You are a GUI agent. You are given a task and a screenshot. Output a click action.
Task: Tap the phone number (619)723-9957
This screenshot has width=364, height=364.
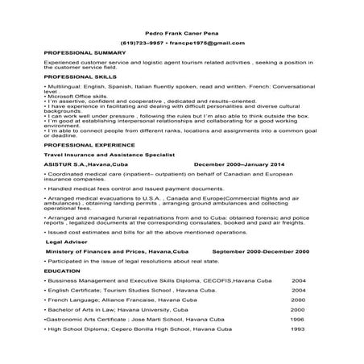[x=141, y=41]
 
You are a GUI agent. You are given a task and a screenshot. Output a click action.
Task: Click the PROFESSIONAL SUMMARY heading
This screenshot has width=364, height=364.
[x=81, y=52]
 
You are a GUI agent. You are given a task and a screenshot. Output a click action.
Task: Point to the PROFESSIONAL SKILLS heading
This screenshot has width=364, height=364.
[x=77, y=75]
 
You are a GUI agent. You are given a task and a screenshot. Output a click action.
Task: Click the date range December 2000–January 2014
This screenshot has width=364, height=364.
[x=238, y=163]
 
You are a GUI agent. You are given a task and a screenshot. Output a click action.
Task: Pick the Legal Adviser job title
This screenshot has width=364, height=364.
[x=66, y=241]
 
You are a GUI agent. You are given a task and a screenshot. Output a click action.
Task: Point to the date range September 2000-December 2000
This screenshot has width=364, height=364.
[x=260, y=251]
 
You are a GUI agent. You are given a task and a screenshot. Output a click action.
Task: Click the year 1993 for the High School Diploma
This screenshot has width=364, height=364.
[x=297, y=329]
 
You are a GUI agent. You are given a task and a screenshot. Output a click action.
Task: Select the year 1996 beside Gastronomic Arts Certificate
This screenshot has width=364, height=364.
[x=297, y=319]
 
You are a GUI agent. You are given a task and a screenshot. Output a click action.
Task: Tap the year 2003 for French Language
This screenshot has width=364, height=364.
[x=297, y=299]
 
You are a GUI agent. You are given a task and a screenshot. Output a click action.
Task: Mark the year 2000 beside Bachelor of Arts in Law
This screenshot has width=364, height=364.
[x=297, y=309]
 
